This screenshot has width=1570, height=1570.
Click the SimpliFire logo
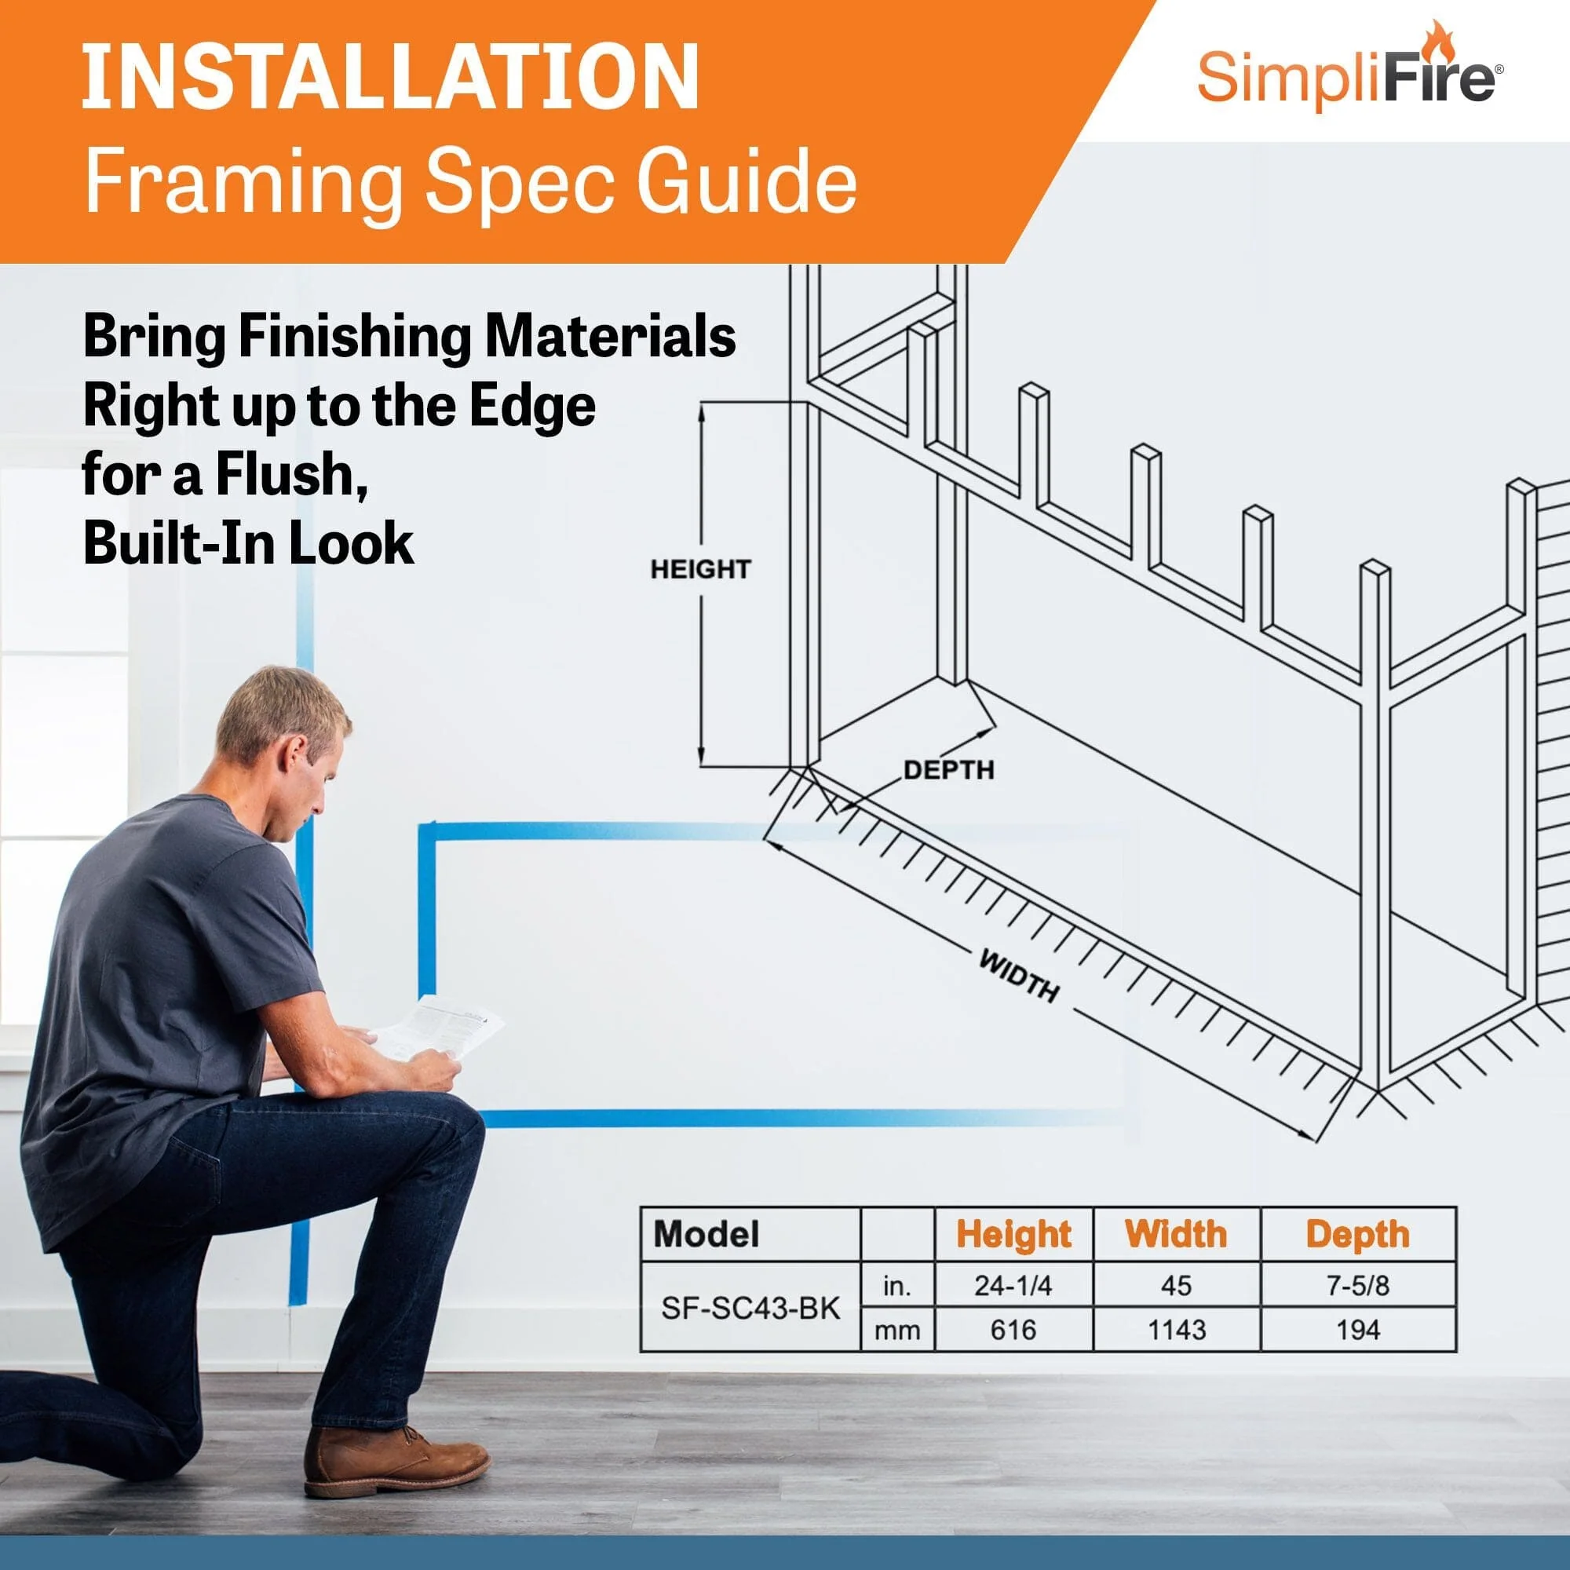pos(1349,78)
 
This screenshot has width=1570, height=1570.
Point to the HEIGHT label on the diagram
pos(699,569)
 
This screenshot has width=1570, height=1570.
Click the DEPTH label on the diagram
pos(948,769)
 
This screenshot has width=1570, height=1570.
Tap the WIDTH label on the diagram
pos(1019,976)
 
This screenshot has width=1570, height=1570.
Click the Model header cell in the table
pos(707,1234)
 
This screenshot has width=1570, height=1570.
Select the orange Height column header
pos(1013,1234)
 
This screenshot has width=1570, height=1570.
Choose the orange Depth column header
pos(1357,1234)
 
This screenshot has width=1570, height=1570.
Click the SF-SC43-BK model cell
pos(750,1309)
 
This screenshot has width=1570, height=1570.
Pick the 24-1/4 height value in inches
pos(1013,1286)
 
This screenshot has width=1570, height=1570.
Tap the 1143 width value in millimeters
pos(1177,1331)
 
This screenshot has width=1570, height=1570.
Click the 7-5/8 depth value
pos(1357,1286)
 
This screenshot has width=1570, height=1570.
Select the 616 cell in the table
pos(1013,1331)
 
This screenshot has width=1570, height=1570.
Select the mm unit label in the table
pos(897,1331)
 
